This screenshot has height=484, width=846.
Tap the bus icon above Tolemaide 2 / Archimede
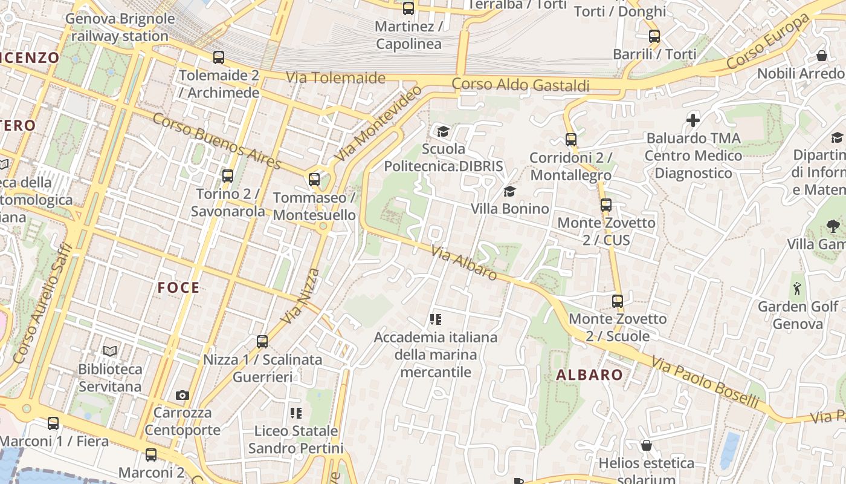pyautogui.click(x=219, y=57)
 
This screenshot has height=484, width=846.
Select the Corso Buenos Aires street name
pyautogui.click(x=216, y=141)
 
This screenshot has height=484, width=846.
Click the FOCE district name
pyautogui.click(x=178, y=287)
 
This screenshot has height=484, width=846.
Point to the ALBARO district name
pyautogui.click(x=589, y=375)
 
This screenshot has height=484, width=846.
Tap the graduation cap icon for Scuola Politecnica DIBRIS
pyautogui.click(x=444, y=131)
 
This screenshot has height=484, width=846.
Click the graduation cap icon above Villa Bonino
pyautogui.click(x=509, y=192)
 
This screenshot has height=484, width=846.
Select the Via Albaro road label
pyautogui.click(x=464, y=263)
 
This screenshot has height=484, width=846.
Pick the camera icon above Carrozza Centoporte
pyautogui.click(x=182, y=395)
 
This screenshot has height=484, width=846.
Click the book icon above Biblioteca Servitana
pyautogui.click(x=110, y=351)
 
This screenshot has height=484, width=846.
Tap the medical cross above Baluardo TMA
pyautogui.click(x=693, y=120)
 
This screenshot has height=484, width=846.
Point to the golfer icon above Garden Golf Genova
pyautogui.click(x=797, y=288)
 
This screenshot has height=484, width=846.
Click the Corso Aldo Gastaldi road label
pyautogui.click(x=520, y=85)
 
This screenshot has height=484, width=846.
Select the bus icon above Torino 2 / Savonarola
pyautogui.click(x=228, y=176)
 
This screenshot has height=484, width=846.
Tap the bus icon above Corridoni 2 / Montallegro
pyautogui.click(x=570, y=140)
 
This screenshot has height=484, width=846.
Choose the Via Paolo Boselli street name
pyautogui.click(x=705, y=382)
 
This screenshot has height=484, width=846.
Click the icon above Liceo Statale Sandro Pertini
pyautogui.click(x=295, y=413)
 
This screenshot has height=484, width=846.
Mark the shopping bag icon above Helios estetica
pyautogui.click(x=646, y=446)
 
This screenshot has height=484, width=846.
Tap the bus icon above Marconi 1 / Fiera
pyautogui.click(x=53, y=423)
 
